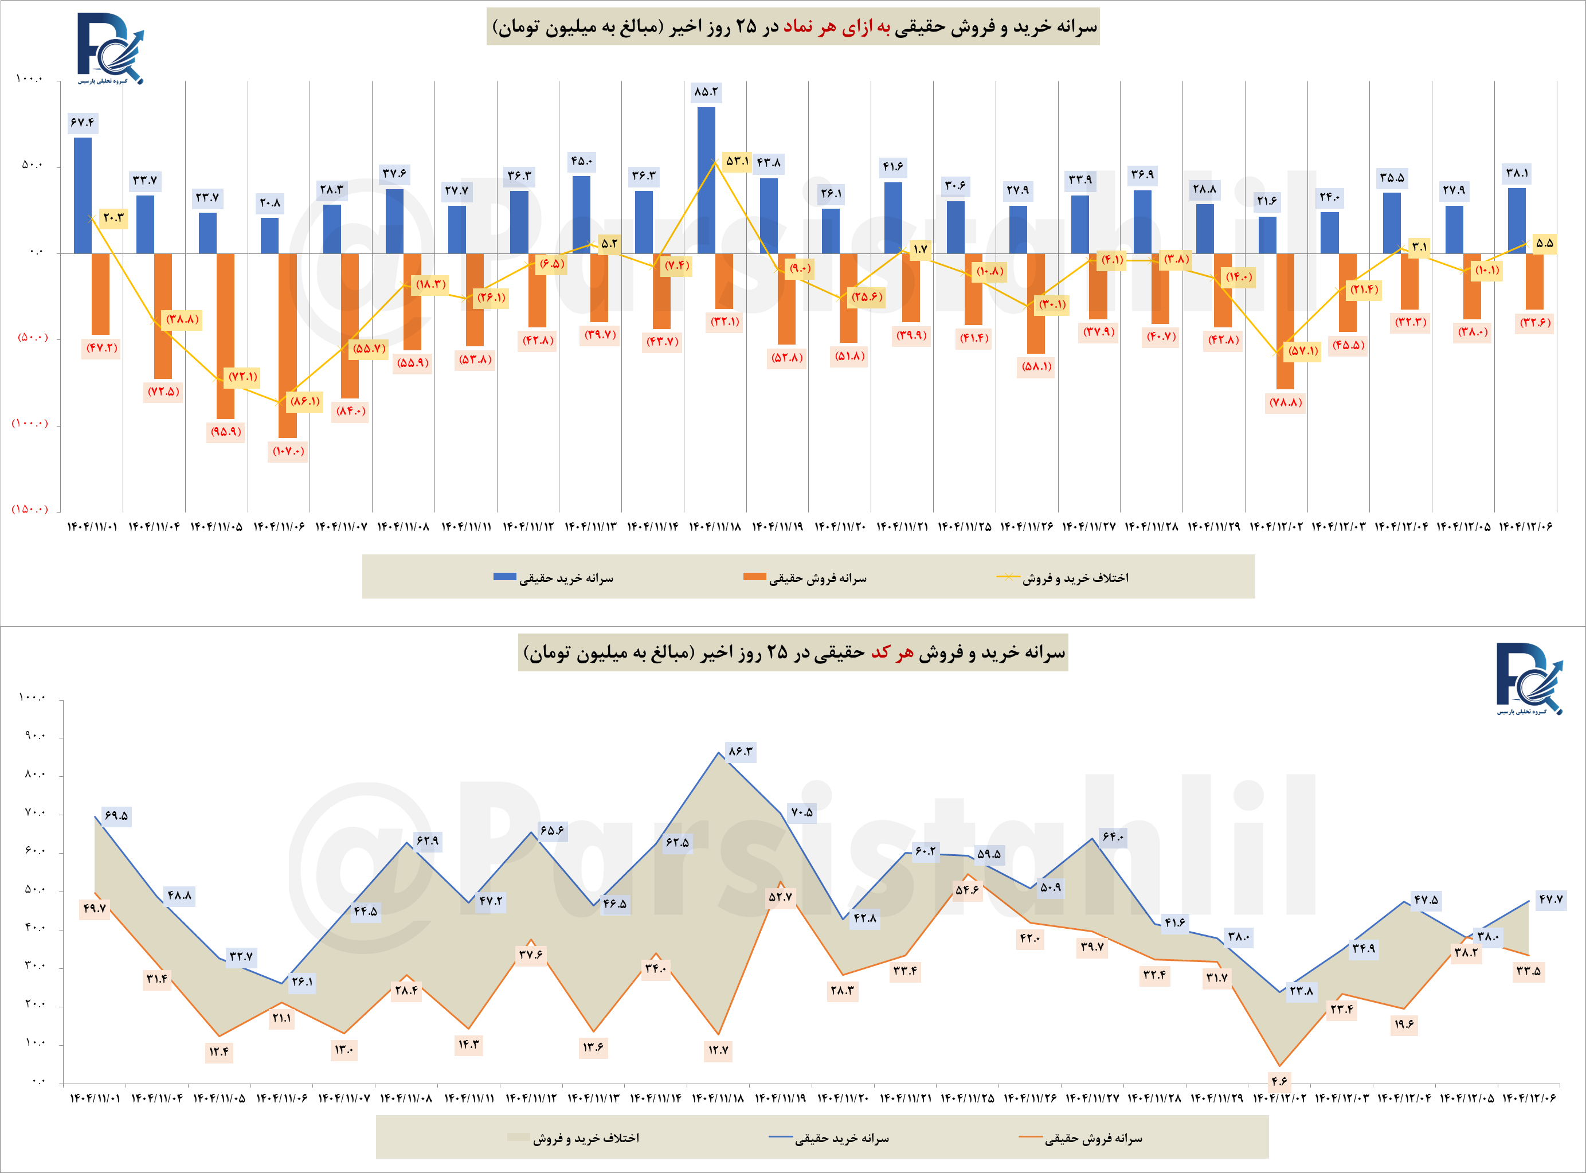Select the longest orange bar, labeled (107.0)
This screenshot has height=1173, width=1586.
288,345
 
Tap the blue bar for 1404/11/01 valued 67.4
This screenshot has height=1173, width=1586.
83,196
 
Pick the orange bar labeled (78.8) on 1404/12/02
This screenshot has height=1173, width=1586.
1285,321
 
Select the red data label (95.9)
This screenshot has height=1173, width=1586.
226,432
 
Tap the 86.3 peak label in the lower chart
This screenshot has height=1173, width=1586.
741,751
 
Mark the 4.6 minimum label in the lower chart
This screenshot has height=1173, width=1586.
1279,1081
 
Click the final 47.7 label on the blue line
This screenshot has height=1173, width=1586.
1550,899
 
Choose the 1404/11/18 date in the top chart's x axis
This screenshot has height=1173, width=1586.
715,527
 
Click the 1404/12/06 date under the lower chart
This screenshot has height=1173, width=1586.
1529,1098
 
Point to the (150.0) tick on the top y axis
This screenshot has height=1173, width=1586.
30,509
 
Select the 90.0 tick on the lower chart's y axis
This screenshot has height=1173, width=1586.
34,736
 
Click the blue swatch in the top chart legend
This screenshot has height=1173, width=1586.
505,577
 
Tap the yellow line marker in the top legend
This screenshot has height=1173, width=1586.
1008,577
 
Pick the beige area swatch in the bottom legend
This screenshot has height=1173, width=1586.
518,1137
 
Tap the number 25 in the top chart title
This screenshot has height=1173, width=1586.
746,27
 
